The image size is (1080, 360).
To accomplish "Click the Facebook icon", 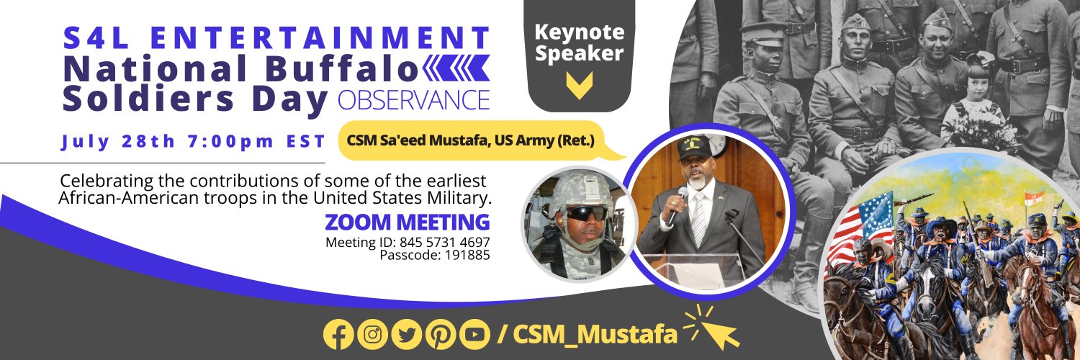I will click(339, 334).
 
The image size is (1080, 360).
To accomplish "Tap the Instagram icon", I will click(373, 334).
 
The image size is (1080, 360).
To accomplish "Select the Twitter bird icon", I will click(407, 334).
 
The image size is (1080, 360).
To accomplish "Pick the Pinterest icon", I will click(441, 334).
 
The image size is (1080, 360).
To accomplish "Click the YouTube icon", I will click(474, 334).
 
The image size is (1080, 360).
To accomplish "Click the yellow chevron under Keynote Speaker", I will click(579, 85).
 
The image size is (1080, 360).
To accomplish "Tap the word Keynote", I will click(579, 32).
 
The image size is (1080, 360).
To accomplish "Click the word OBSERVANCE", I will click(413, 100).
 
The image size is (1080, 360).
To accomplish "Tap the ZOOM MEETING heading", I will click(407, 220).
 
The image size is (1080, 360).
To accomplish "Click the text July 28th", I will click(117, 141).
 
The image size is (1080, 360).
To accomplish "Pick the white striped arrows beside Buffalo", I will click(456, 68).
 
